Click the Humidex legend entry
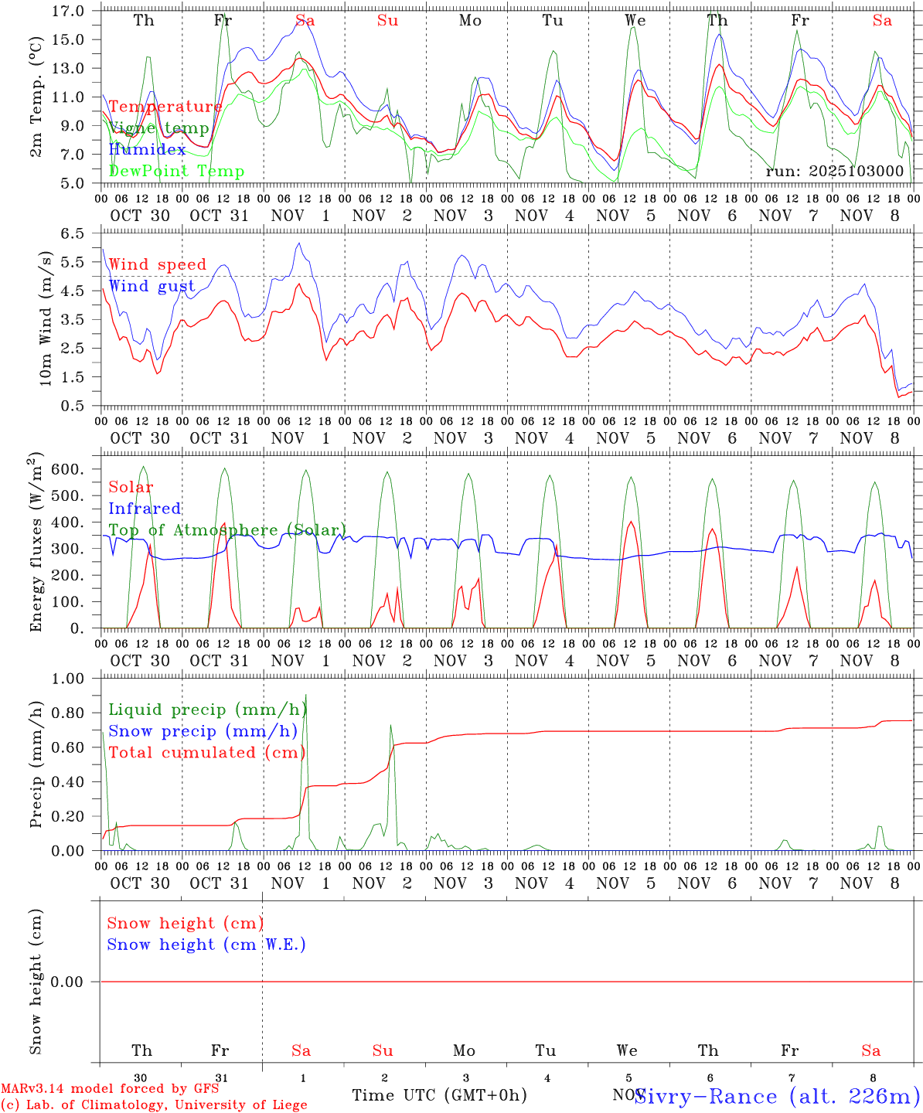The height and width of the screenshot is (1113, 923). pos(147,149)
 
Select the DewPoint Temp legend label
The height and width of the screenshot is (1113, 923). pos(176,171)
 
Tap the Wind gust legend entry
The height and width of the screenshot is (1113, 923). pos(152,286)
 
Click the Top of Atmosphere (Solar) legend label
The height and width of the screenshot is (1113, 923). pos(226,530)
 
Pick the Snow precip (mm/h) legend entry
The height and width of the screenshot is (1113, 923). pos(203,731)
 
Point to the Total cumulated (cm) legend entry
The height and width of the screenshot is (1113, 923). pos(206,753)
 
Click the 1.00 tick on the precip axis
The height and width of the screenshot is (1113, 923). pos(69,679)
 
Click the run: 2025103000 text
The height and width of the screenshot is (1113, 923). pos(834,171)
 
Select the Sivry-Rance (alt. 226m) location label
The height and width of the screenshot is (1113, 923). pos(777,1096)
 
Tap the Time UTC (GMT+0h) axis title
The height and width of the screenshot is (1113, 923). pos(439,1095)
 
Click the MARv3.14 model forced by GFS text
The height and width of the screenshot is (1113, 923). pos(110,1088)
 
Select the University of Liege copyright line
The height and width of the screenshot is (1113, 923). pos(154,1104)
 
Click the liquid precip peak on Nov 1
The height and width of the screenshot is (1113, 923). pos(306,696)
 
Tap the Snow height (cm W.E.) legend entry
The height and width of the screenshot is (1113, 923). pos(206,945)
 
